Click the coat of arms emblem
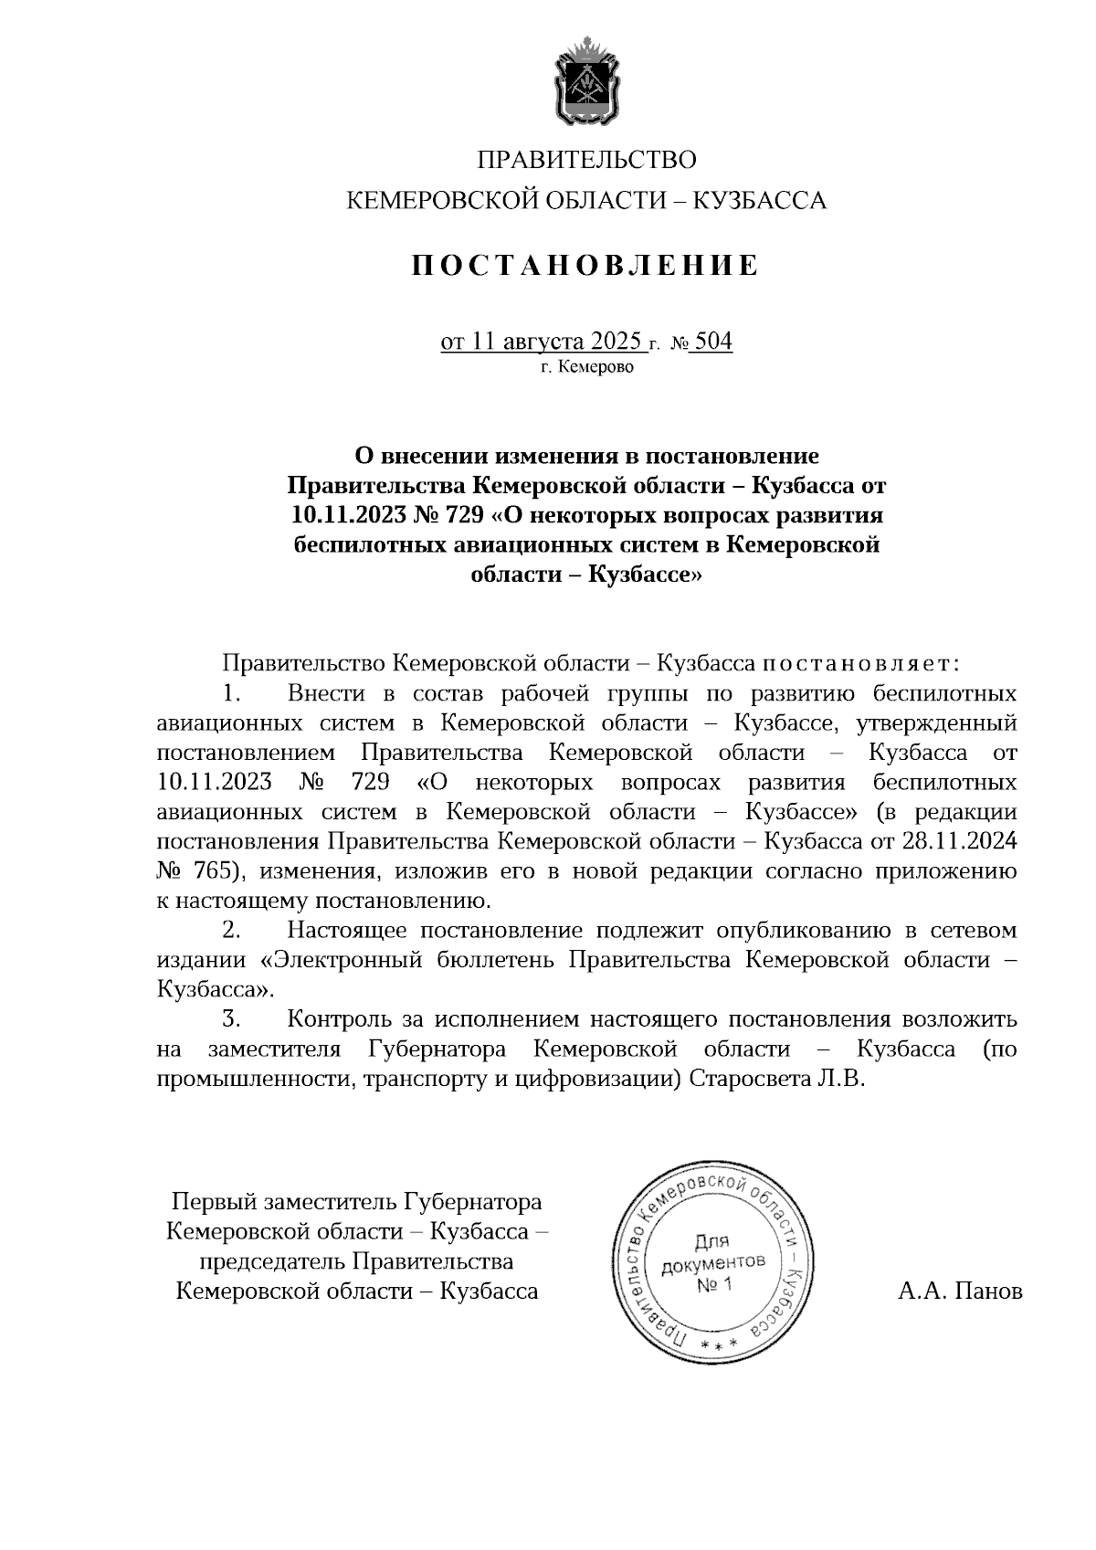(586, 80)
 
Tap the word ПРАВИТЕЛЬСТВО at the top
(586, 161)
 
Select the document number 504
(713, 342)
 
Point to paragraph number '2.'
(231, 931)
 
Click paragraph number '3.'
(231, 1018)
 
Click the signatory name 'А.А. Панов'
(960, 1292)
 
